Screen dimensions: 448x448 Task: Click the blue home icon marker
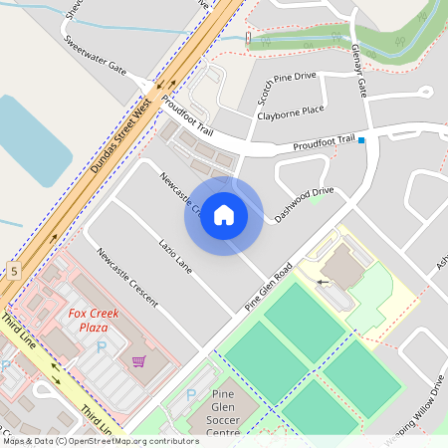pos(223,214)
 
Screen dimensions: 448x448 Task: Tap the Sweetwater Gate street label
pos(94,57)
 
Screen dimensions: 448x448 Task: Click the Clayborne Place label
pos(291,112)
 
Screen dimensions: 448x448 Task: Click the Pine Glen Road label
pos(268,289)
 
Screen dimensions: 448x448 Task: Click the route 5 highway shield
pos(15,270)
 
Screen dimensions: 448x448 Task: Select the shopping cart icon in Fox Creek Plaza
pos(138,361)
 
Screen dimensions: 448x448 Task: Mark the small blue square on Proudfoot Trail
pos(361,140)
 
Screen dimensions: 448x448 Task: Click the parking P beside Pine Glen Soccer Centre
pos(191,396)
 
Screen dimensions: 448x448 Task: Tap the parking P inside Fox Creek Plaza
pos(101,347)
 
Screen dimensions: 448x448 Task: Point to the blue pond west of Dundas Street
pos(30,139)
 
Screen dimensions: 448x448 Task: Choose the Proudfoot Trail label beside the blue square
pos(324,143)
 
